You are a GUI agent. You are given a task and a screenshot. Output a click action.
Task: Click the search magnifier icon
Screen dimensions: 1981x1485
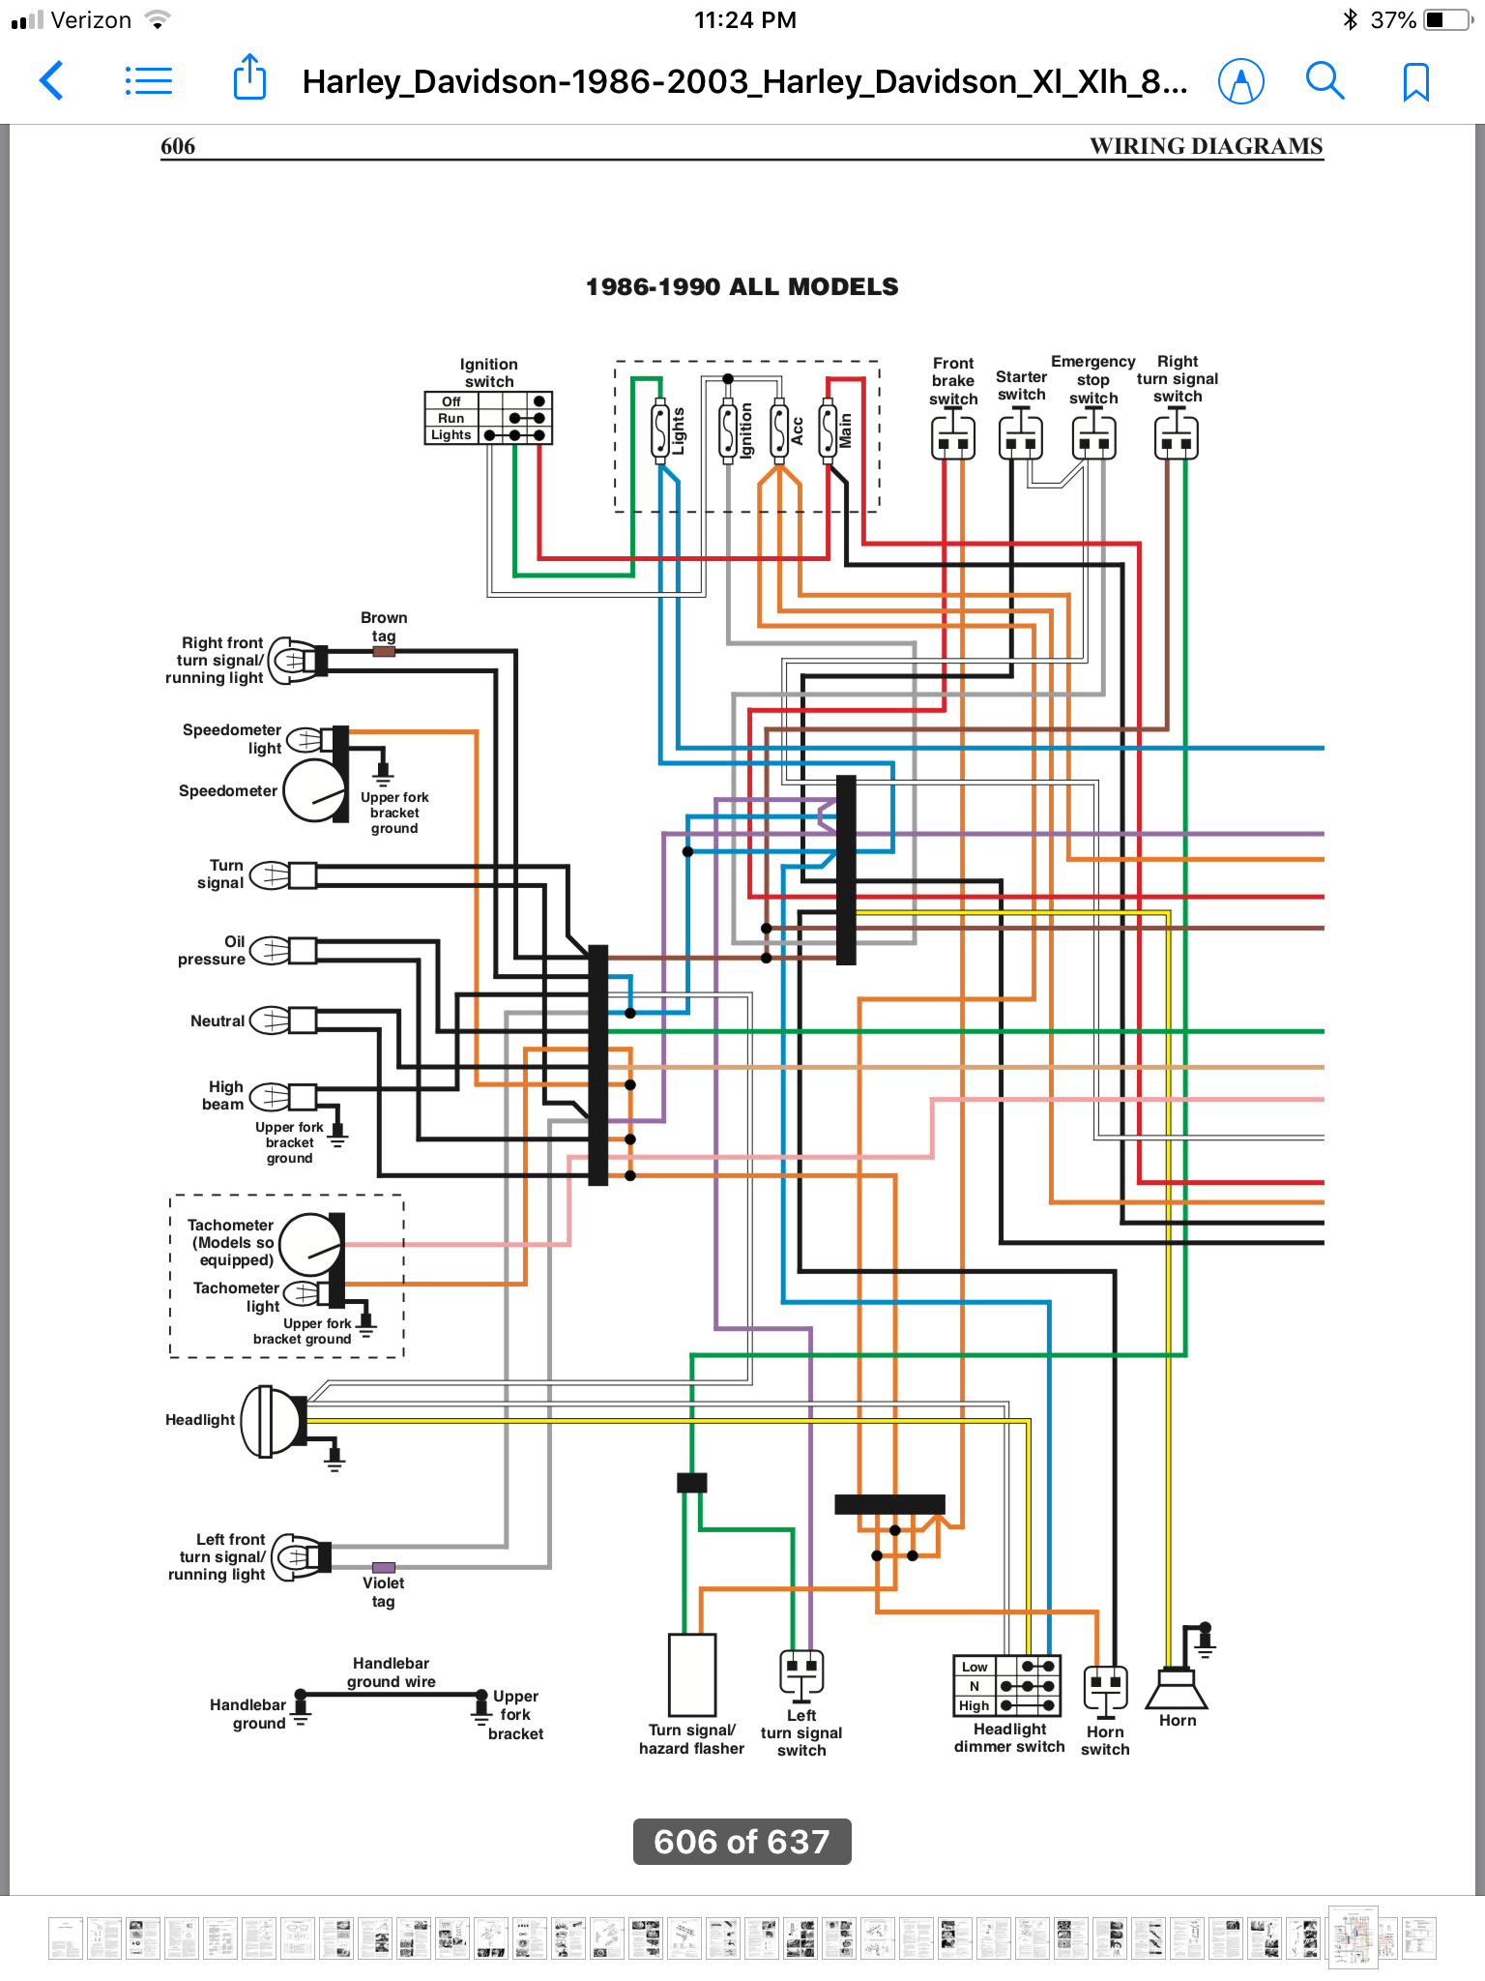click(1325, 81)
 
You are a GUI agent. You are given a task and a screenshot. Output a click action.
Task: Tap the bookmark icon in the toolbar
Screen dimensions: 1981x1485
click(1415, 82)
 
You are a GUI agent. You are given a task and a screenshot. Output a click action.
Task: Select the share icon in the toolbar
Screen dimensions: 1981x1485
click(249, 77)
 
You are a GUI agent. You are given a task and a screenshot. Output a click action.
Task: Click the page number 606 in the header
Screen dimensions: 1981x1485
click(178, 146)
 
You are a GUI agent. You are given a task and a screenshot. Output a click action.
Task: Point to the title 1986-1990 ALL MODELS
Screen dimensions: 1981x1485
click(742, 287)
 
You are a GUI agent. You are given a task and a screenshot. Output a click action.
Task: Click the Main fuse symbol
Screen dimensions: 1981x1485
click(829, 430)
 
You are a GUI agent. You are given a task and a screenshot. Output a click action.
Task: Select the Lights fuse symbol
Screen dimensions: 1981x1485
click(660, 430)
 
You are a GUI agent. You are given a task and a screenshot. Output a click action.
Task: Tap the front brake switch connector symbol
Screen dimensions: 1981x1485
click(952, 436)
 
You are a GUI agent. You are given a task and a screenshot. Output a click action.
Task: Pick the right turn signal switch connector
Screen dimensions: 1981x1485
click(1176, 436)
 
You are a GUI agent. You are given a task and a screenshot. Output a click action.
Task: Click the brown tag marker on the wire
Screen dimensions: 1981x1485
click(384, 652)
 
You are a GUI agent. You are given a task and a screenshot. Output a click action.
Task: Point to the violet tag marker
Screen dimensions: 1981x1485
click(384, 1568)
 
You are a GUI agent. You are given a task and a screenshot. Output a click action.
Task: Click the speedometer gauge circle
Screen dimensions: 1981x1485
click(313, 790)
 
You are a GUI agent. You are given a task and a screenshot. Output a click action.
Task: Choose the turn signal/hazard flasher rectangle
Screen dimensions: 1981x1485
click(692, 1674)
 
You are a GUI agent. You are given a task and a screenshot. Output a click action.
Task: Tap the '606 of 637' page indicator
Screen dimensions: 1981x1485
click(742, 1842)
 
